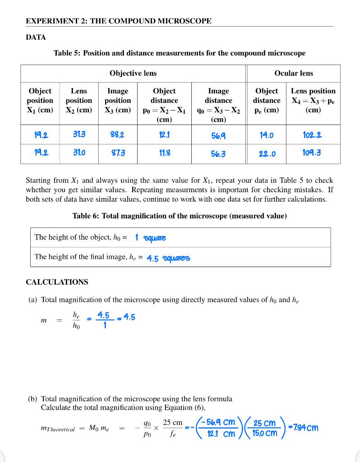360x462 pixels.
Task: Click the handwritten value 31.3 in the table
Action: [79, 134]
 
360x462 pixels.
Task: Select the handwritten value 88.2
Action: [118, 134]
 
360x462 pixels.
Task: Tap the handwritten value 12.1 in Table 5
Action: [164, 134]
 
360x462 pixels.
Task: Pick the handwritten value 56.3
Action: [218, 154]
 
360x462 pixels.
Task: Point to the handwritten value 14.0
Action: [266, 134]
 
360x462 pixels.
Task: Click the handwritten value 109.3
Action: [312, 153]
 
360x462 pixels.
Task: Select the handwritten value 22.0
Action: [266, 154]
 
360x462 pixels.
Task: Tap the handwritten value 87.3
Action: [118, 153]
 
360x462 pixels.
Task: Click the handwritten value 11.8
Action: [164, 153]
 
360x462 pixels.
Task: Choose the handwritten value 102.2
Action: [313, 134]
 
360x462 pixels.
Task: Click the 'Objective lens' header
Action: [133, 73]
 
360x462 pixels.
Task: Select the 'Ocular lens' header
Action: [294, 73]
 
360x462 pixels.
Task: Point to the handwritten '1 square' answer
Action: [151, 237]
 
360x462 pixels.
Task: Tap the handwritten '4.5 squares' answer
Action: [169, 258]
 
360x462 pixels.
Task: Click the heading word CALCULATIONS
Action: [57, 282]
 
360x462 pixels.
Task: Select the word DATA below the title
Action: [36, 37]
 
